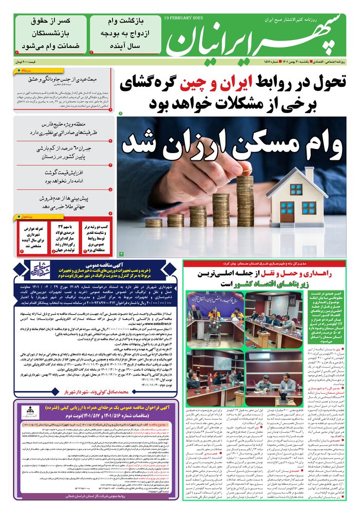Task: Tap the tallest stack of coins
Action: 245,200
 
